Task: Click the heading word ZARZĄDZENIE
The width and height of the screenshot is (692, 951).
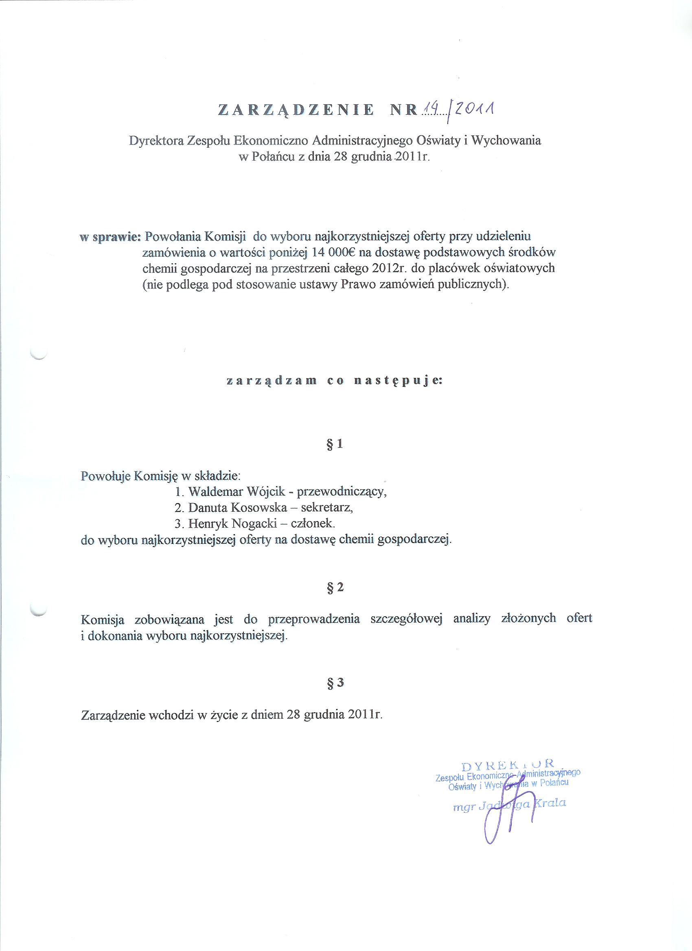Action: click(296, 109)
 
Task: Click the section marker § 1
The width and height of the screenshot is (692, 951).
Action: click(334, 444)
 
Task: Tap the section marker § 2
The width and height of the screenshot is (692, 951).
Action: click(335, 587)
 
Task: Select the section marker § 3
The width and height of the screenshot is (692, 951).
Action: click(335, 683)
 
